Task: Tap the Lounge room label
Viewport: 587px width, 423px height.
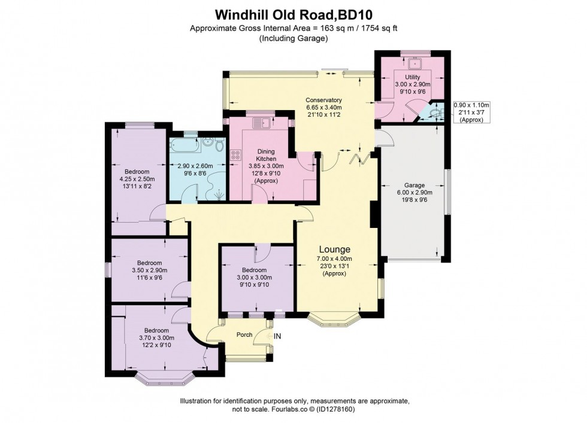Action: (x=334, y=249)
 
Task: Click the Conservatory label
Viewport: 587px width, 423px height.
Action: (x=323, y=100)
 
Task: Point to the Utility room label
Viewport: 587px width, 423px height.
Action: (x=413, y=77)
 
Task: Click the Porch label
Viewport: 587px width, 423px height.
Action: (x=244, y=334)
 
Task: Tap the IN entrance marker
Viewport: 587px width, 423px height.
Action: (x=277, y=337)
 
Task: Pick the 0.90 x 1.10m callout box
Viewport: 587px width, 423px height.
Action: (x=471, y=112)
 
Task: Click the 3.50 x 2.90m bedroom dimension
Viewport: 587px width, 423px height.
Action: (x=149, y=270)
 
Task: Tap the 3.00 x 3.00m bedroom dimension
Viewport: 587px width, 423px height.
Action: (x=255, y=277)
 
